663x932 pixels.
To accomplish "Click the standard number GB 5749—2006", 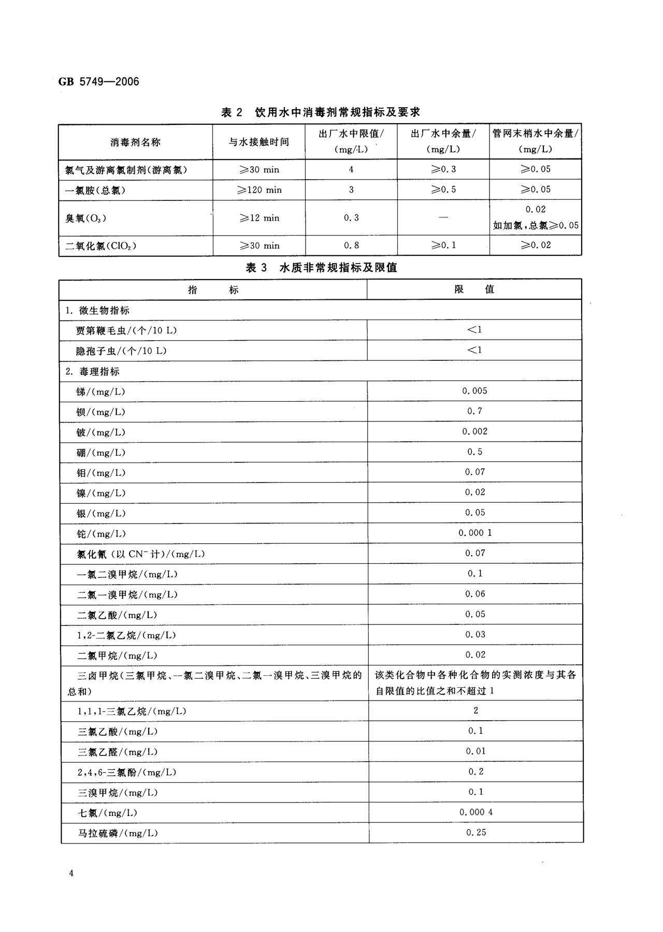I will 98,81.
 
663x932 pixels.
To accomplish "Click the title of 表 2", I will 320,112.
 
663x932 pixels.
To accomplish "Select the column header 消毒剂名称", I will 135,142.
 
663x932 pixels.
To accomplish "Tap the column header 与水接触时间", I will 259,142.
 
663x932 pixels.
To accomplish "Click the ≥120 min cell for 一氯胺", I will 259,190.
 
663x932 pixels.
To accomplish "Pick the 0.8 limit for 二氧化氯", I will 351,245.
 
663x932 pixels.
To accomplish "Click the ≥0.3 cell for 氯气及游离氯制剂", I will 443,169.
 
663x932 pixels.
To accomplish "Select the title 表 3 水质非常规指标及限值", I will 321,267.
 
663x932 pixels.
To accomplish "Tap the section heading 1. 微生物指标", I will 97,311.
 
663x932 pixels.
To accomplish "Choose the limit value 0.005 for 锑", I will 474,391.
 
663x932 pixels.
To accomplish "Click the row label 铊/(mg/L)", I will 101,534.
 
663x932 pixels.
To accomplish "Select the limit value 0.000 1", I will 474,533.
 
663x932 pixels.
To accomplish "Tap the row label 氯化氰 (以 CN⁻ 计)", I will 140,554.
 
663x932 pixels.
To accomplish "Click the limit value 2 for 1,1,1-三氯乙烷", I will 475,710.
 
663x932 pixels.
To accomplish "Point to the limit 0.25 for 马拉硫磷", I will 476,833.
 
